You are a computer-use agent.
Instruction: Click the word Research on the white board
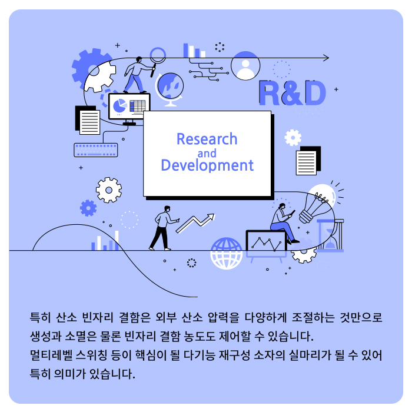207,139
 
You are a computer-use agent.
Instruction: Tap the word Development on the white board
207,165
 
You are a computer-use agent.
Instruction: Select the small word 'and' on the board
207,154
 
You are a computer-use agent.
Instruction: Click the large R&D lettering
292,93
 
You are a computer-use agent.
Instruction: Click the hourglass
330,235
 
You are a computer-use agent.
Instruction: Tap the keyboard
95,150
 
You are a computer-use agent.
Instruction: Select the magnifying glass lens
158,55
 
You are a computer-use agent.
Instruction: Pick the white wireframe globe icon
226,253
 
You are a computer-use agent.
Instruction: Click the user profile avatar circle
245,66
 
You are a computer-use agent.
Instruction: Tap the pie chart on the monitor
119,105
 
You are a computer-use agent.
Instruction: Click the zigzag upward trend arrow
195,223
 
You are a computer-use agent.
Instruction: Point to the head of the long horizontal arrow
328,58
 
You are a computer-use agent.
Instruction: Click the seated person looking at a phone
284,223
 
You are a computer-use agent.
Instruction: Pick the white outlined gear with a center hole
109,190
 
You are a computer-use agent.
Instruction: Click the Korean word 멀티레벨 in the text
51,355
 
